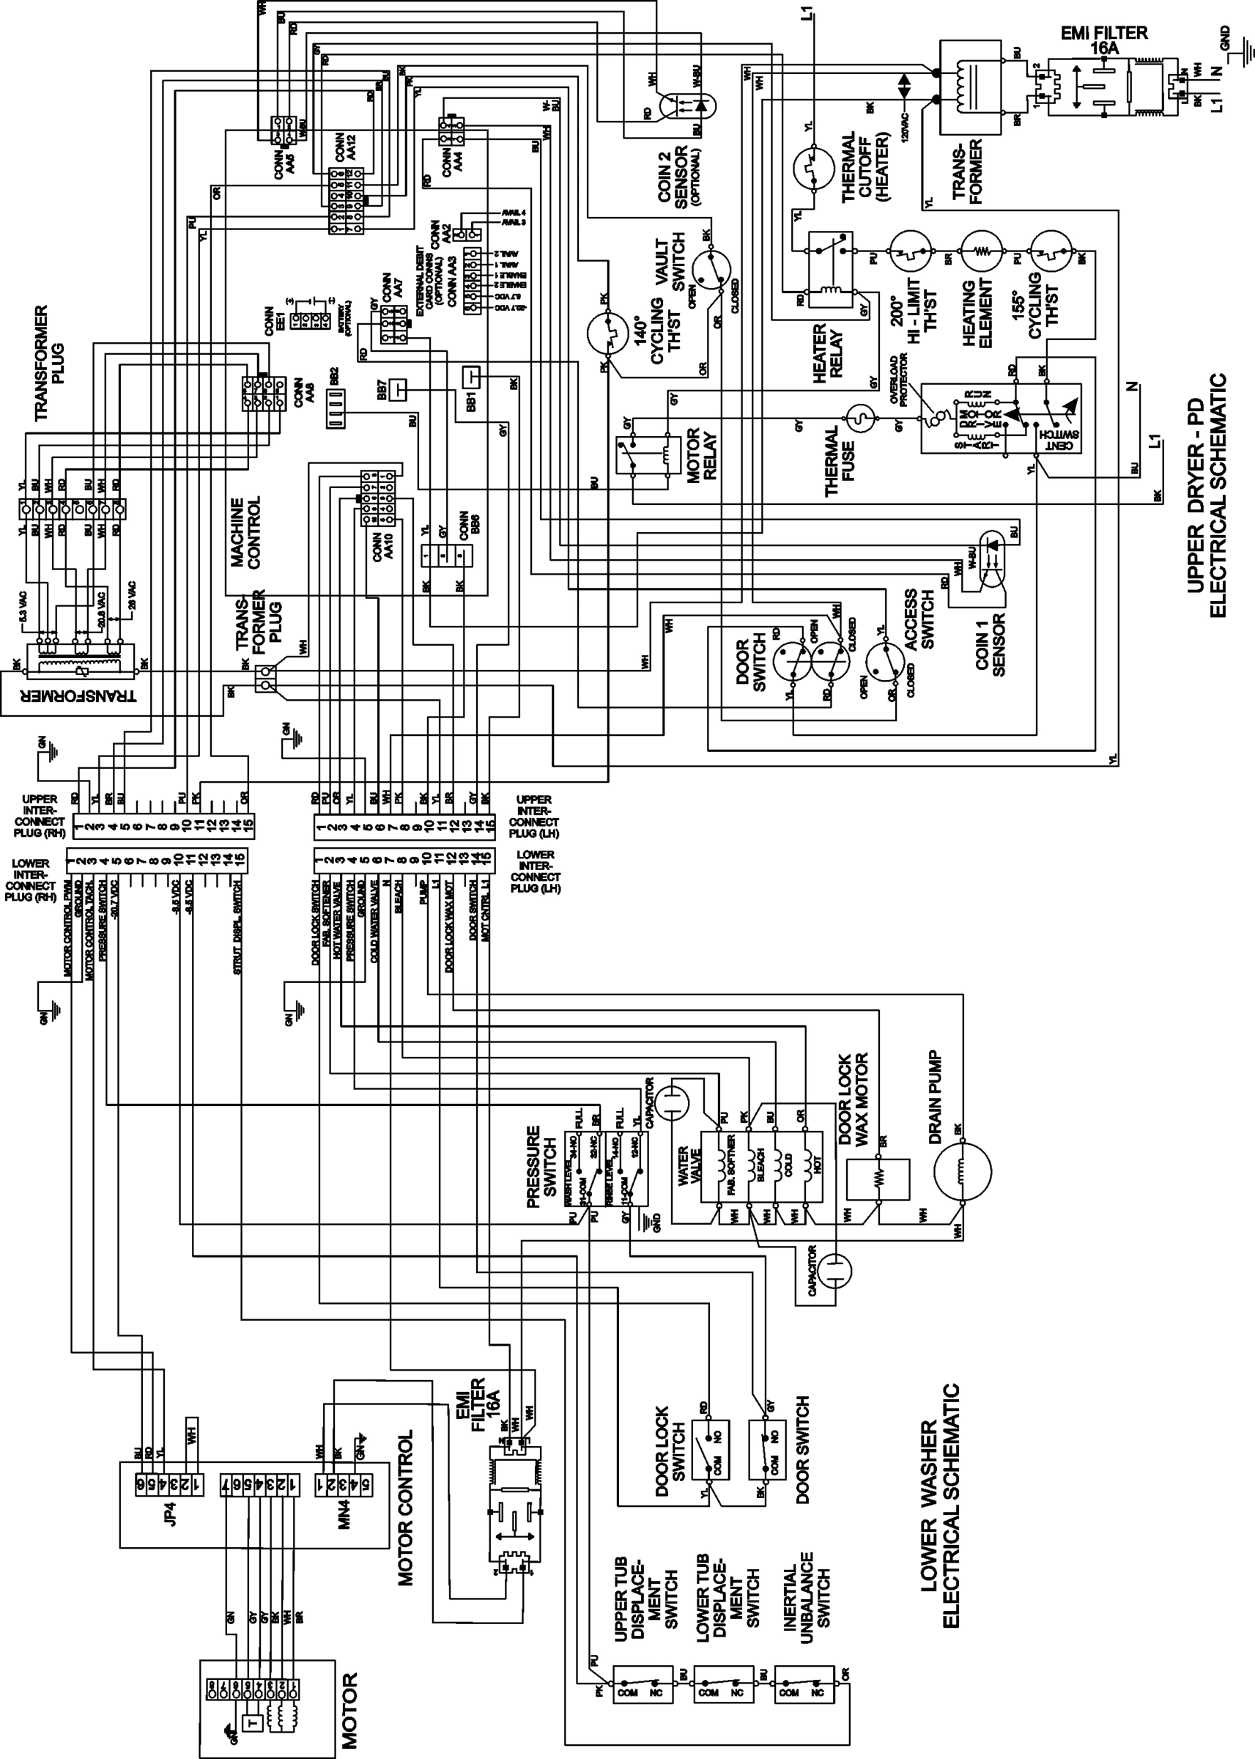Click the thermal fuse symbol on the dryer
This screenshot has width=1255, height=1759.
click(x=859, y=421)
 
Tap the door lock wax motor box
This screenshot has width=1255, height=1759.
click(x=878, y=1178)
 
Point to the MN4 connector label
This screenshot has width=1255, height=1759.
click(x=345, y=1513)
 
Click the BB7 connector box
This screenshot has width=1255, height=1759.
click(x=398, y=388)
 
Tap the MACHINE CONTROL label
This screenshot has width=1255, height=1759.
click(x=245, y=534)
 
